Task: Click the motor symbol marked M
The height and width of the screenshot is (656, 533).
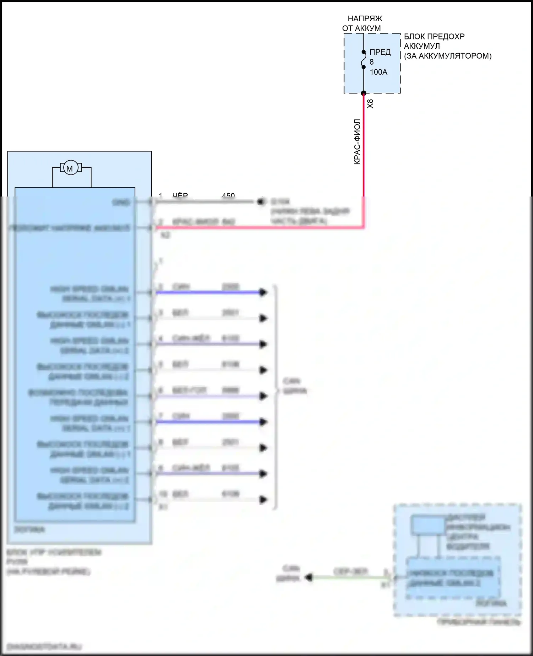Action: point(70,168)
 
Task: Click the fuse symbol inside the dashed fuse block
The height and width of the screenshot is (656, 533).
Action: point(364,59)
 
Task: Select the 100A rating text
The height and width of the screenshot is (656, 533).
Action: point(378,72)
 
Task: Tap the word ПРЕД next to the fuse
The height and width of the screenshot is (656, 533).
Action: point(380,52)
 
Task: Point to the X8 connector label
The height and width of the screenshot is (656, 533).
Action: point(370,104)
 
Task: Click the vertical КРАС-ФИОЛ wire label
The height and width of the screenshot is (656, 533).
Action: point(357,142)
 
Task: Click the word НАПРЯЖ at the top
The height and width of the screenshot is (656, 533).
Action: point(365,18)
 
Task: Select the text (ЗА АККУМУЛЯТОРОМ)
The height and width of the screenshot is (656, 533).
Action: point(448,56)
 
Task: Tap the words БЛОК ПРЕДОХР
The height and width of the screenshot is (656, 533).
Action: point(434,36)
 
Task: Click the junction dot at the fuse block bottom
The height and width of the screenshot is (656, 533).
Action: point(364,93)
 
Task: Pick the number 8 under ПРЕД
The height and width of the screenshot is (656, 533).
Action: point(372,62)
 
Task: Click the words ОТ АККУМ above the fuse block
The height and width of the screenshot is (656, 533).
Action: point(361,28)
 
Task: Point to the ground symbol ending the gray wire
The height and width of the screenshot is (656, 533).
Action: point(262,202)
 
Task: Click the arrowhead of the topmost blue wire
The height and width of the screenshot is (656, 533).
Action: point(263,292)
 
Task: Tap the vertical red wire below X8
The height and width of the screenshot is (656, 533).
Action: point(364,149)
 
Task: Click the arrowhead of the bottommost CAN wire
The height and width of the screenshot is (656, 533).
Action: point(263,500)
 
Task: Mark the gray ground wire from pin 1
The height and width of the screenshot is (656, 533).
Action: point(206,202)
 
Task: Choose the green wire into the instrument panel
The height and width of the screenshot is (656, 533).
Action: point(350,577)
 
